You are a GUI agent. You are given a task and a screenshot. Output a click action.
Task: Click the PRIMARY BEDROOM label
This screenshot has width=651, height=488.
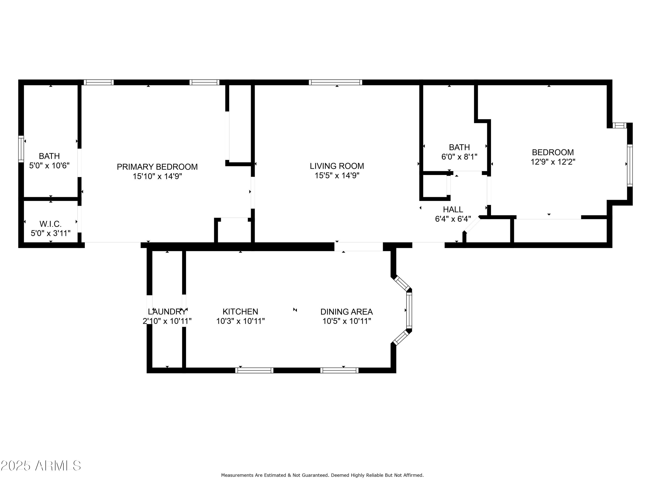[157, 167]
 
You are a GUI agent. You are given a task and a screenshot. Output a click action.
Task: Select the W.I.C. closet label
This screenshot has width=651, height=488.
[51, 224]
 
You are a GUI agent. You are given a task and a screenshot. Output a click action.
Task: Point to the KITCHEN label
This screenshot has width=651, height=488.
[240, 311]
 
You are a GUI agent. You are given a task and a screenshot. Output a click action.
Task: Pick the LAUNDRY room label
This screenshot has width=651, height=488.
[167, 311]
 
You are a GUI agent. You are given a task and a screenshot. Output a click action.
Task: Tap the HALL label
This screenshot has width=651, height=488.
[453, 210]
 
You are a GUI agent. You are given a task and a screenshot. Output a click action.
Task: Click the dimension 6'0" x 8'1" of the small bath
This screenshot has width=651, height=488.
[459, 157]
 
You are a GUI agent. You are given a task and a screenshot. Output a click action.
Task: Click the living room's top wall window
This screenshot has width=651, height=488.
[335, 82]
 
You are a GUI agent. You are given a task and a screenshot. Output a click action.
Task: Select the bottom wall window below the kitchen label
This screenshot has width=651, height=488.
[254, 370]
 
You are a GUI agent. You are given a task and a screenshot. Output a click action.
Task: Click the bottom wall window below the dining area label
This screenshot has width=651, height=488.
[339, 370]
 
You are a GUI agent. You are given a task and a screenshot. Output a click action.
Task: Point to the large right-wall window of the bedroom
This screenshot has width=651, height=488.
[630, 165]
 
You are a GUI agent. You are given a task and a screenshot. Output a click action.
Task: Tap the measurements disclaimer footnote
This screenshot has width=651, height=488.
[322, 475]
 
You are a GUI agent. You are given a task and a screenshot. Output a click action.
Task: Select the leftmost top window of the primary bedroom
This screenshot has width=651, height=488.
[99, 82]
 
